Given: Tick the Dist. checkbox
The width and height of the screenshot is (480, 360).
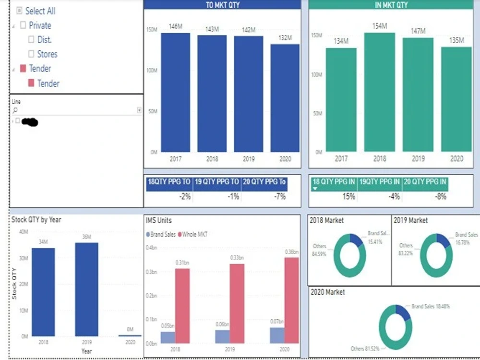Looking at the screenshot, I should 31,40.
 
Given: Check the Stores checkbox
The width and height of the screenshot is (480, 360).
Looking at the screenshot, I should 31,54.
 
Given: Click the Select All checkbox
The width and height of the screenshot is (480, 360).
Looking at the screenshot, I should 19,11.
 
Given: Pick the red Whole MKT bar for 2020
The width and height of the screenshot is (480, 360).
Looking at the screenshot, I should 291,300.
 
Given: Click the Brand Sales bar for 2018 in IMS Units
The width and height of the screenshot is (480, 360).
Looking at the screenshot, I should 168,337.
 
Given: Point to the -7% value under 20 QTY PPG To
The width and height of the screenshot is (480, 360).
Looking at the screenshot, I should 279,196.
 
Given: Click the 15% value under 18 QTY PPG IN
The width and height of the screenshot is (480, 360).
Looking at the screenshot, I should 348,196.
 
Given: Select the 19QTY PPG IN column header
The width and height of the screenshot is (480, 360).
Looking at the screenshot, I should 379,182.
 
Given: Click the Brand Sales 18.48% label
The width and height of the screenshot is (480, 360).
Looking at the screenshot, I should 431,306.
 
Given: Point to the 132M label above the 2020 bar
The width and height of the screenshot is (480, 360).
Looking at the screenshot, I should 285,37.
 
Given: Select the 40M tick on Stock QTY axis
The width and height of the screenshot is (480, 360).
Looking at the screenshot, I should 23,232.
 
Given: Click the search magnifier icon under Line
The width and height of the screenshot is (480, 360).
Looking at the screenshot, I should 15,110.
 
